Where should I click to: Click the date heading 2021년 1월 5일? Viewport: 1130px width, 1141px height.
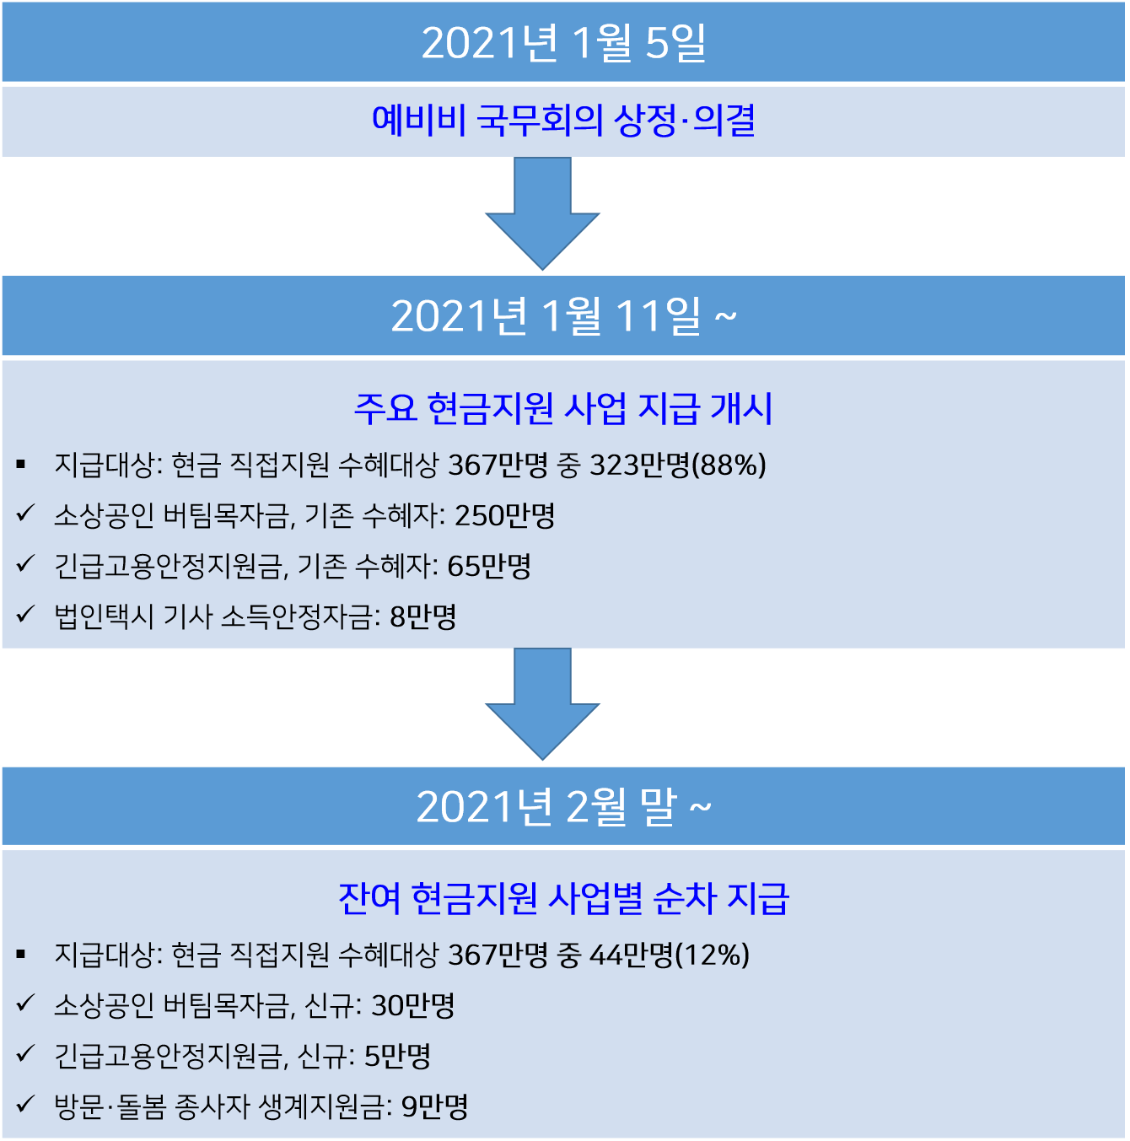563,43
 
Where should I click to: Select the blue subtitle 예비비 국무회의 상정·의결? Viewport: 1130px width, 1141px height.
563,121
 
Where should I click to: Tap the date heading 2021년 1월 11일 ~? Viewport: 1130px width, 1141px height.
563,316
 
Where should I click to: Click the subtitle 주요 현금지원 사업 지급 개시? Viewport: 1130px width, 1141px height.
563,409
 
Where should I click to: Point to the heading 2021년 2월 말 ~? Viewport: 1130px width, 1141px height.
563,807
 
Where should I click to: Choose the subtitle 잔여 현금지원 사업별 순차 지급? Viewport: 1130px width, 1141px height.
563,899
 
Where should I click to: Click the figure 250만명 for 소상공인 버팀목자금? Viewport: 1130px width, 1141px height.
505,515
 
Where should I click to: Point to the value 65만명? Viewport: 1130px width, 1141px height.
489,566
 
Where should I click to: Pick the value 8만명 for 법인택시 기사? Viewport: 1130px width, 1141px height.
423,616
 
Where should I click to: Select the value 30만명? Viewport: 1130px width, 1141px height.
413,1005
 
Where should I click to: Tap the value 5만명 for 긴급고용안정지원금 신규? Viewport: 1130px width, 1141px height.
397,1056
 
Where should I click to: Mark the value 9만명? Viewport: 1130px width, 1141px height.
434,1106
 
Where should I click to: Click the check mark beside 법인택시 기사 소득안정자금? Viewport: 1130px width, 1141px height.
25,615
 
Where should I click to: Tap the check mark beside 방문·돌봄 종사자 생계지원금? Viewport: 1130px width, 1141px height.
25,1104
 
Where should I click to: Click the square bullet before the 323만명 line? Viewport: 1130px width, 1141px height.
21,465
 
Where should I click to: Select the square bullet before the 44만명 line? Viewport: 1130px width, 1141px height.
21,955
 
